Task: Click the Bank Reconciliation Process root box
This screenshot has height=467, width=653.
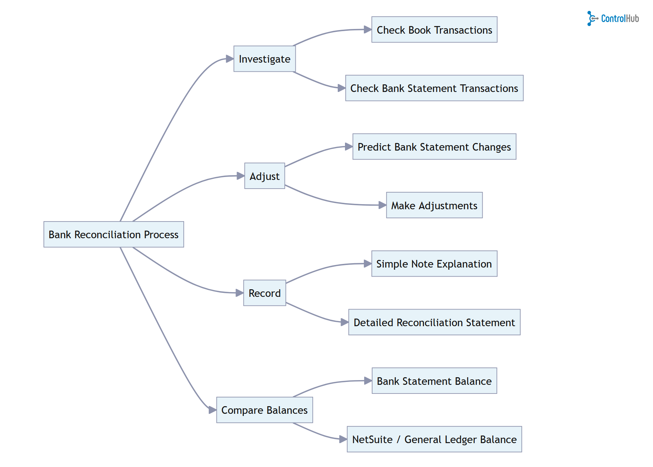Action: (x=113, y=235)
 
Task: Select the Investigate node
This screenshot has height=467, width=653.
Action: (x=265, y=59)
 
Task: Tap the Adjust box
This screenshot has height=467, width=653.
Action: (x=265, y=176)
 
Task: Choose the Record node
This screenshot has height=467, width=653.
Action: (x=265, y=293)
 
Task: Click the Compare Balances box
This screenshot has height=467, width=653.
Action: (x=265, y=410)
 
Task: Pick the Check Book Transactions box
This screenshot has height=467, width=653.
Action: (x=434, y=30)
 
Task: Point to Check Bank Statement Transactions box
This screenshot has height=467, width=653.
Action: (x=434, y=88)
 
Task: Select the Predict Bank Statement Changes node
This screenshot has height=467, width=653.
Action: (x=434, y=147)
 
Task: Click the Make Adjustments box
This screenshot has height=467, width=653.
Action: (x=434, y=205)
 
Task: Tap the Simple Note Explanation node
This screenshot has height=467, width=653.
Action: (x=434, y=264)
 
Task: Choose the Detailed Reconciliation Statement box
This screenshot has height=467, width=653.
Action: (x=434, y=322)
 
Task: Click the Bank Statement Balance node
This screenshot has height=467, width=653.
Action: (x=434, y=381)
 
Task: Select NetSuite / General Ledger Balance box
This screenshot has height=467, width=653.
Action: (x=434, y=439)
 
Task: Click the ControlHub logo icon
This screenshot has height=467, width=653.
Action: (x=592, y=18)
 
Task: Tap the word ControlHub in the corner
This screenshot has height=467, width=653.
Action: (x=620, y=18)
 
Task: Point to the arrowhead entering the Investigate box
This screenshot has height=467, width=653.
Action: (x=230, y=59)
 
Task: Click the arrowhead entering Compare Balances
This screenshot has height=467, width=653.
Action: (x=212, y=410)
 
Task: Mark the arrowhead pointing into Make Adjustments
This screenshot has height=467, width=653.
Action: (x=382, y=205)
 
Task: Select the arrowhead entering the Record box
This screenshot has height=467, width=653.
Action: (x=240, y=293)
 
